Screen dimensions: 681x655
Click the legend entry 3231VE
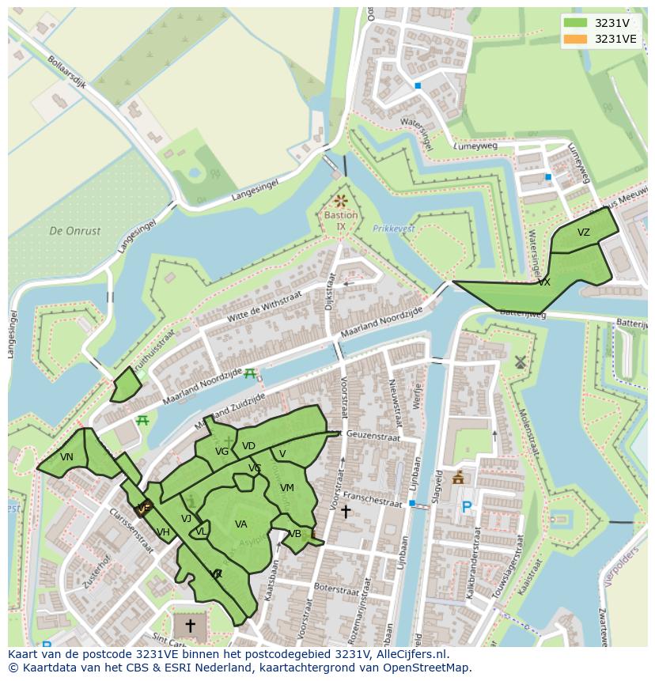(616, 39)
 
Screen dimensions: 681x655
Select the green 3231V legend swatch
(576, 23)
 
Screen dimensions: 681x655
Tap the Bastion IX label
(341, 221)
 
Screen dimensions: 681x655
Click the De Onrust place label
(75, 231)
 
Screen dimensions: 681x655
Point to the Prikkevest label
(393, 229)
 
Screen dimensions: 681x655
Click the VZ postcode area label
(583, 233)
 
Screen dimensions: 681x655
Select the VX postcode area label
(544, 282)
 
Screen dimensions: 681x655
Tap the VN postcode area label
(66, 457)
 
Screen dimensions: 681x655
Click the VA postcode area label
(241, 524)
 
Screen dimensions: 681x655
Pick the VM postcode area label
(287, 488)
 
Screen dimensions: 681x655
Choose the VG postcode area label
(221, 452)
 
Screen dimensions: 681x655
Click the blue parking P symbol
(467, 508)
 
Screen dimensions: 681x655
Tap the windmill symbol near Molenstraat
(520, 362)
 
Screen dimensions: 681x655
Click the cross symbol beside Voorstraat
(345, 512)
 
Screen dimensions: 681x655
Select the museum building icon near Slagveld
(458, 478)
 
